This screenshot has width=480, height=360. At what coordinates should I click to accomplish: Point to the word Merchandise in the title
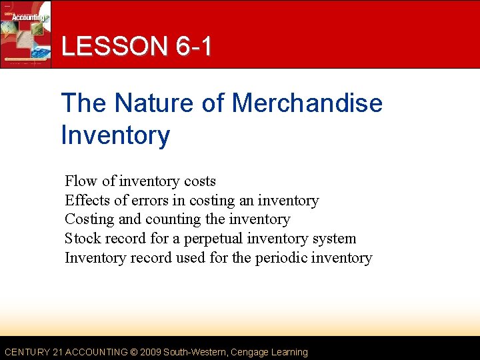pyautogui.click(x=307, y=103)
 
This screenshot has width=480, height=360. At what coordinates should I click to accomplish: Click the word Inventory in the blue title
pyautogui.click(x=115, y=135)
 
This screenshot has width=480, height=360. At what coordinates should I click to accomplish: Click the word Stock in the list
pyautogui.click(x=81, y=238)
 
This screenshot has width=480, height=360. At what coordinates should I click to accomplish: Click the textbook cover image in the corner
pyautogui.click(x=25, y=33)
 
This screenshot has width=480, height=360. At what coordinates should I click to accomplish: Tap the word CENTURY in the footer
pyautogui.click(x=27, y=352)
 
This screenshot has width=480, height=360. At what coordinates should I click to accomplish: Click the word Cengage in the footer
pyautogui.click(x=249, y=352)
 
